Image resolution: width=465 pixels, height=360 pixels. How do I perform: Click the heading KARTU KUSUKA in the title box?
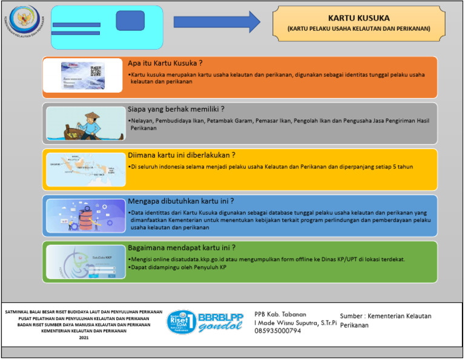point(358,18)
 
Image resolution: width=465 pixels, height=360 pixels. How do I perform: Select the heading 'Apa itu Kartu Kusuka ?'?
point(165,63)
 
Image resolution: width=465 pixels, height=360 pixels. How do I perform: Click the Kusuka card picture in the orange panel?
point(84,77)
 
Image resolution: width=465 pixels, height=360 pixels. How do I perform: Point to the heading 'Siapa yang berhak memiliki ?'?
point(176,109)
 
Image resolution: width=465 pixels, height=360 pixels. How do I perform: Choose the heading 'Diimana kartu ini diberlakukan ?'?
point(182,155)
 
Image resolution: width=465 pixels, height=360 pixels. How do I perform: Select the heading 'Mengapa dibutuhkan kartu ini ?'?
point(181,201)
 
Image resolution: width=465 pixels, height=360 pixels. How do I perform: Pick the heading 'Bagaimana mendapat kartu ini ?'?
point(182,248)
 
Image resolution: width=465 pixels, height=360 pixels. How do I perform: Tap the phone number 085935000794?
point(277,331)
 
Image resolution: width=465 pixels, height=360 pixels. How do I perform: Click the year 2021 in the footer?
point(84,338)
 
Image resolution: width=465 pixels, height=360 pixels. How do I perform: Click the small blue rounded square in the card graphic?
point(130,20)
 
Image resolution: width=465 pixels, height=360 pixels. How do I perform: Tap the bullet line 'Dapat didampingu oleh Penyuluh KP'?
point(179,267)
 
